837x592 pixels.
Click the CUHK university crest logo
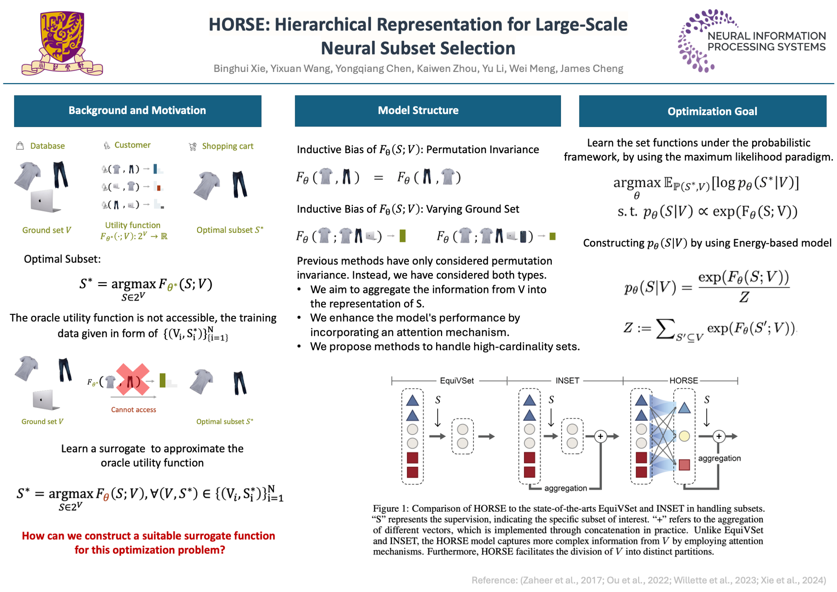pos(62,42)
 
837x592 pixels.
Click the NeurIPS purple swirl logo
pos(696,41)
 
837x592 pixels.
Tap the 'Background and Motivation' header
pos(137,111)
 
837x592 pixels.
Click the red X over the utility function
pos(133,379)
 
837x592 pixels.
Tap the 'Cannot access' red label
pos(133,409)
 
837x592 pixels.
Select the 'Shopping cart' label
pos(227,146)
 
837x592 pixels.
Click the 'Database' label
pos(47,146)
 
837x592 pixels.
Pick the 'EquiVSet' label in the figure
pos(457,381)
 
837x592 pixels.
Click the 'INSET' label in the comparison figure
pos(567,381)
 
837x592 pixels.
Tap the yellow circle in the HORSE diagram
pos(684,436)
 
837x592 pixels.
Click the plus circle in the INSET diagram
pos(600,437)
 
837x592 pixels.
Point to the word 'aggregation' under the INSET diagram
pos(565,488)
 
